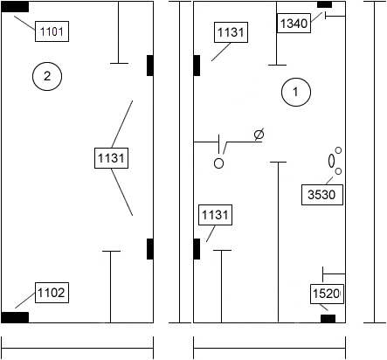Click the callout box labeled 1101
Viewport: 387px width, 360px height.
(x=52, y=31)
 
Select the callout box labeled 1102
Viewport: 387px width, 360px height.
(x=52, y=293)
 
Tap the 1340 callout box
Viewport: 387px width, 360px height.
(x=294, y=23)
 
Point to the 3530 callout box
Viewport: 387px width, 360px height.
(x=322, y=195)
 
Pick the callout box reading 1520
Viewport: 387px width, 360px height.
(x=327, y=294)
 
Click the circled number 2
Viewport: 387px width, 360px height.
(x=47, y=76)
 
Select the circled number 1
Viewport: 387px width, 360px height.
(x=296, y=92)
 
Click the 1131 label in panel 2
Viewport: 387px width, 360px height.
(x=111, y=158)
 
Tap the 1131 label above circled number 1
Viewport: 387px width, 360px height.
(x=232, y=32)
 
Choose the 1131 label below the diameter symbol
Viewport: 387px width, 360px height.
(x=215, y=215)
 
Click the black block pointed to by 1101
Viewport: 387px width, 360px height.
(x=15, y=7)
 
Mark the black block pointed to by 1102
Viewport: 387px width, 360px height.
(x=15, y=317)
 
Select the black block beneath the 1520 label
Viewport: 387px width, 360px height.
(x=328, y=319)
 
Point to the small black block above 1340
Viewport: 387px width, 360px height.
(x=324, y=4)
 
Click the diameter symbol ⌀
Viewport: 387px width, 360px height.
(x=259, y=135)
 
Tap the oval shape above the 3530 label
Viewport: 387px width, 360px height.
(x=331, y=161)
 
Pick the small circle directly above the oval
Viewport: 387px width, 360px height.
(x=338, y=150)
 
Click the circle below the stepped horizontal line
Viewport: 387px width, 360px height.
(x=218, y=163)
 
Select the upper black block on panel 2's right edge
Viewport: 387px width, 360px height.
(x=150, y=66)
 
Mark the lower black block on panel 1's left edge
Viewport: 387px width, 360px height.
(x=197, y=249)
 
